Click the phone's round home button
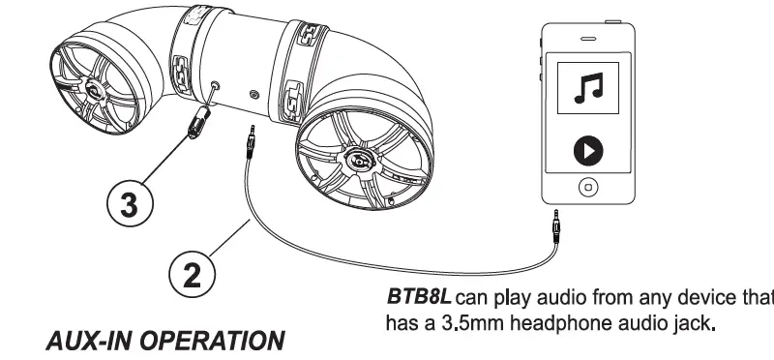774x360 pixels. (x=585, y=185)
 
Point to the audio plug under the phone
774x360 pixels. (x=558, y=229)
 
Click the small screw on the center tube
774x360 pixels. (x=253, y=95)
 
